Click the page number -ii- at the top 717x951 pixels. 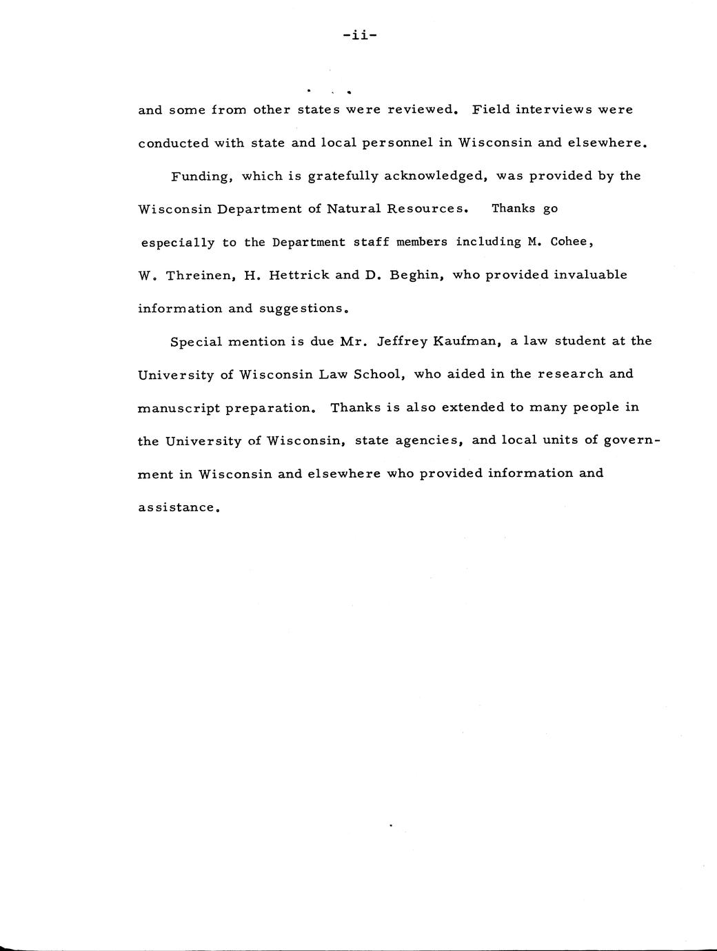click(x=358, y=35)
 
